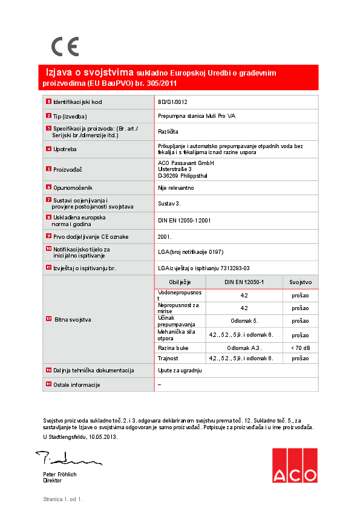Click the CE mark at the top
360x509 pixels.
tap(65, 47)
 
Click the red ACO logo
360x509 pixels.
tap(294, 467)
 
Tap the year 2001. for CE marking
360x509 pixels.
tap(165, 237)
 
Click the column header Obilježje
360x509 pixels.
tap(180, 282)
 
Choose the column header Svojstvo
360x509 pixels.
tap(300, 282)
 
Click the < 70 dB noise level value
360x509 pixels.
tap(300, 348)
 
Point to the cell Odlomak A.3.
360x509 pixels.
tap(244, 348)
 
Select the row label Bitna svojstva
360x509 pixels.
tap(73, 319)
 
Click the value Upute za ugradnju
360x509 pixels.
tap(180, 370)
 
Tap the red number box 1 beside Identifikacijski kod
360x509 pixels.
tap(48, 102)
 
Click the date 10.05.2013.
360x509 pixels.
tap(103, 436)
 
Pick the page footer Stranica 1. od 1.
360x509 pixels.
tap(62, 499)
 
